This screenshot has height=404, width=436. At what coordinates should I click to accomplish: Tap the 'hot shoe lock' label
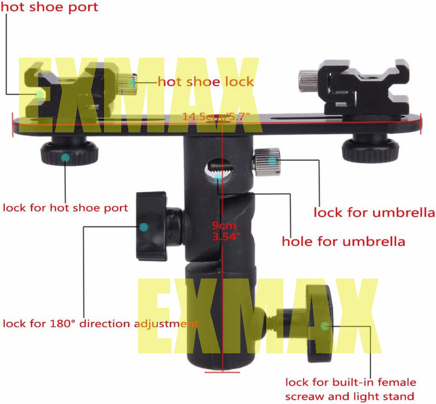pos(205,81)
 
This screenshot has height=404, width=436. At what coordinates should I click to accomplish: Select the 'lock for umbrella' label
pos(374,213)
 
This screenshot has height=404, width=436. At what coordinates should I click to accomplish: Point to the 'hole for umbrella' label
pos(344,241)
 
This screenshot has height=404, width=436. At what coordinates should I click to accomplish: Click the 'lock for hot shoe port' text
pos(65,207)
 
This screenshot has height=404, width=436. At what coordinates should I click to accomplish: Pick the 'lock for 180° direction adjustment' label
pos(101,324)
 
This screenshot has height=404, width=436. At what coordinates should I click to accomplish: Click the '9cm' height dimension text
pos(224,226)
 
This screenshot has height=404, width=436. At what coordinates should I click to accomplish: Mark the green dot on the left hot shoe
pos(39,94)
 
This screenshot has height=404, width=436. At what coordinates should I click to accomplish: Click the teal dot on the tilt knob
pos(143,227)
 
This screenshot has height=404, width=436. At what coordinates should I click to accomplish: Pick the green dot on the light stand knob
pos(324,326)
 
